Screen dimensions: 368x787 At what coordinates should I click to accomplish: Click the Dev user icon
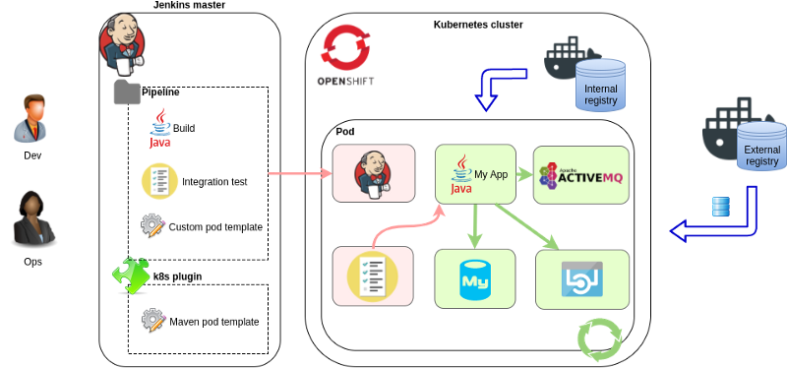click(x=31, y=119)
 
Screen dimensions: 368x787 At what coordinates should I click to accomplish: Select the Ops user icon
click(x=32, y=219)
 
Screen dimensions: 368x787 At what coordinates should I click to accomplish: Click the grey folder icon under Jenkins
click(x=127, y=92)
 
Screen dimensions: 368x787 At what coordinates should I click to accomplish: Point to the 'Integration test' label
click(x=214, y=181)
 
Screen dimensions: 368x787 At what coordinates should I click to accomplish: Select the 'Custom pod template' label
click(x=215, y=227)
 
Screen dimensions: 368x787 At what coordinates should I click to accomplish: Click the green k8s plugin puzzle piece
click(x=130, y=276)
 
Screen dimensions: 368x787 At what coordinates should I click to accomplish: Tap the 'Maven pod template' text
click(x=214, y=322)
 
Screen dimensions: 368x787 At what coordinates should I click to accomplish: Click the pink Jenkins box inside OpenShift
click(x=372, y=174)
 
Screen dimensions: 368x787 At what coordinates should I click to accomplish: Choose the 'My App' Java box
click(x=475, y=174)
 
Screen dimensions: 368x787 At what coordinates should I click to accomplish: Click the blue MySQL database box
click(x=475, y=278)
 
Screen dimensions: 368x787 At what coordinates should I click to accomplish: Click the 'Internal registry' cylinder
click(x=600, y=85)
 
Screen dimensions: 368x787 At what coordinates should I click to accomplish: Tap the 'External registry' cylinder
click(x=761, y=148)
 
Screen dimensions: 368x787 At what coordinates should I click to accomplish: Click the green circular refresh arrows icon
click(x=599, y=338)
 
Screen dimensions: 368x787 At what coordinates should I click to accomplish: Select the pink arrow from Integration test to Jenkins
click(x=299, y=175)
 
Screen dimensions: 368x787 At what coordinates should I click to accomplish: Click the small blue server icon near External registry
click(x=721, y=206)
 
